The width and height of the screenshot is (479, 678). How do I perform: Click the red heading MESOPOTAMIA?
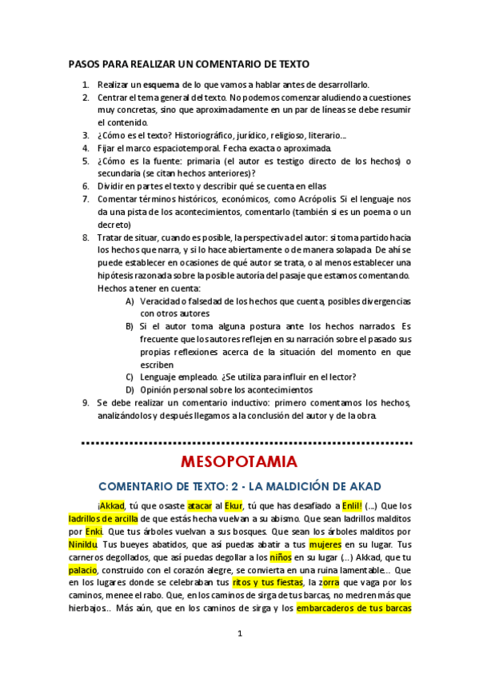(239, 461)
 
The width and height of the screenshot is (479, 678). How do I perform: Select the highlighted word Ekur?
(233, 505)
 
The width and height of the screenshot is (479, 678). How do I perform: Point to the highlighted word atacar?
(200, 505)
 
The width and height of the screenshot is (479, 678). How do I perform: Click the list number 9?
(85, 402)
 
